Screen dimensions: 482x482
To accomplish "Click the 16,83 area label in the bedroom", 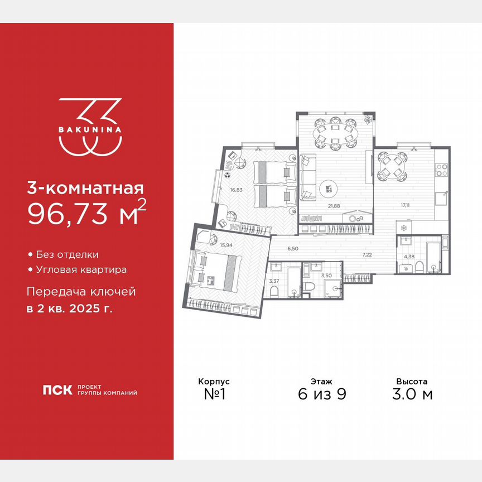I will (236, 189).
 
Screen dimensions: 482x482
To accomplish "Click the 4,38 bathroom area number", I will (408, 257).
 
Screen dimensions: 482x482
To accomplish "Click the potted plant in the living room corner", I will (368, 119).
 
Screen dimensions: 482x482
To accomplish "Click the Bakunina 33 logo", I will (90, 127).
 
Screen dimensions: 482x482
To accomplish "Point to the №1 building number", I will (214, 394).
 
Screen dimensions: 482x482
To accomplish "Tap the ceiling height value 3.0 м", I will (412, 394).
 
